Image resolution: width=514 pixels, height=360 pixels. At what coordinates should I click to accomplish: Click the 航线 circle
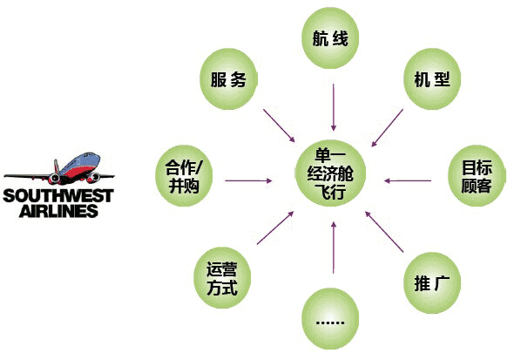330,38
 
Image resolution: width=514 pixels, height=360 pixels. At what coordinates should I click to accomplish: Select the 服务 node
228,79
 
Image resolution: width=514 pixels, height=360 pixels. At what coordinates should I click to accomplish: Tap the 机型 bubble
432,79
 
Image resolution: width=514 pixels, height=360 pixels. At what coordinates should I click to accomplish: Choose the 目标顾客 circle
477,176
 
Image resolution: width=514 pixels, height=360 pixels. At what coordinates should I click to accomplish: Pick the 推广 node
432,283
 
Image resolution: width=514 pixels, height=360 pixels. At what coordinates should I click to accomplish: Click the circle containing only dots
330,319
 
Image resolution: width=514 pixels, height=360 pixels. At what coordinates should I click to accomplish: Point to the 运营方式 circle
222,278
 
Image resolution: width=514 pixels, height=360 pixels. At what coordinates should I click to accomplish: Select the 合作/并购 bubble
184,176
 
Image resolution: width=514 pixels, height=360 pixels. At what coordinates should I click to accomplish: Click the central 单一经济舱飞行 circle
330,173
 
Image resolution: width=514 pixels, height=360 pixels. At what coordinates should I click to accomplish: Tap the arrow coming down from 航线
334,107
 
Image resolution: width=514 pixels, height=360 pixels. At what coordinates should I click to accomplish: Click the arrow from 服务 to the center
279,126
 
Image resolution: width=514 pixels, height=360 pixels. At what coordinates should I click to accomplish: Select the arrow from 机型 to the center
387,128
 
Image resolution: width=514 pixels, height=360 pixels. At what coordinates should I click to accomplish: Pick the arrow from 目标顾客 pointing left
408,180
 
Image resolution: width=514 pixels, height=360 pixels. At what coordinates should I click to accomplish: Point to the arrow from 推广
384,232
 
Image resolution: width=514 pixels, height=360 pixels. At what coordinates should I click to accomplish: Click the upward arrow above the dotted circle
334,248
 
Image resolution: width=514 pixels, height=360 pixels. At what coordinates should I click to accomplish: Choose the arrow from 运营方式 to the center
275,228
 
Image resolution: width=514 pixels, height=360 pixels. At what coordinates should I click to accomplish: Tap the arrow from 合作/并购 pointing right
249,180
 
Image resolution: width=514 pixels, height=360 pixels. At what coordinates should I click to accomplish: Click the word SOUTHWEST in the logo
58,196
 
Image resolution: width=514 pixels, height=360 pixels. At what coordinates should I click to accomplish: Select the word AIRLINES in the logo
58,211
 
